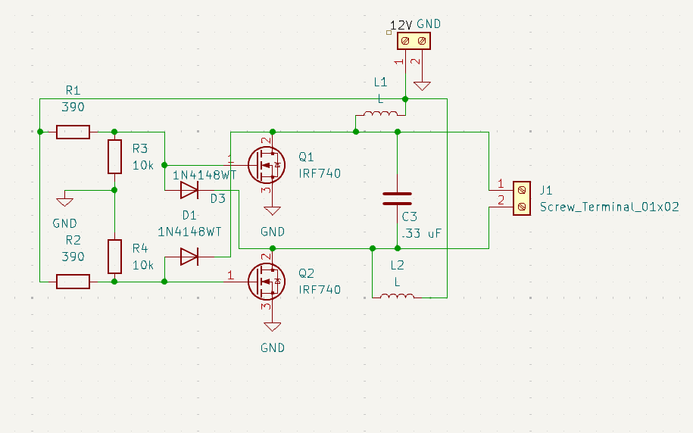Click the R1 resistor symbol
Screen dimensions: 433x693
(x=73, y=132)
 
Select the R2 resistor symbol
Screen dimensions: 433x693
(x=73, y=282)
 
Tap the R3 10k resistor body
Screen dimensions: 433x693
(x=114, y=157)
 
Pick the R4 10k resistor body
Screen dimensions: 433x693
(x=114, y=256)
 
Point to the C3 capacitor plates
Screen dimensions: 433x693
(x=397, y=198)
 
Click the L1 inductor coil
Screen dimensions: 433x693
(x=380, y=115)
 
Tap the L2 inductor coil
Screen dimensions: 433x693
(x=397, y=296)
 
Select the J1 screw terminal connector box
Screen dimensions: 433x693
(x=522, y=198)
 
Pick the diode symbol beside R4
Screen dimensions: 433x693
(x=189, y=256)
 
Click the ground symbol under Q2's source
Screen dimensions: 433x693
(x=272, y=327)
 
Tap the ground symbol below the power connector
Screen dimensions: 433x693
(x=422, y=86)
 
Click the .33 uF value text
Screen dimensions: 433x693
(x=420, y=234)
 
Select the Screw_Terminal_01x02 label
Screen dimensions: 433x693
(x=609, y=206)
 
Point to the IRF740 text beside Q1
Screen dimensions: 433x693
(x=320, y=173)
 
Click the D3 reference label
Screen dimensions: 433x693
(x=218, y=198)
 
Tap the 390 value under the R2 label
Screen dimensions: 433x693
(x=73, y=257)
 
